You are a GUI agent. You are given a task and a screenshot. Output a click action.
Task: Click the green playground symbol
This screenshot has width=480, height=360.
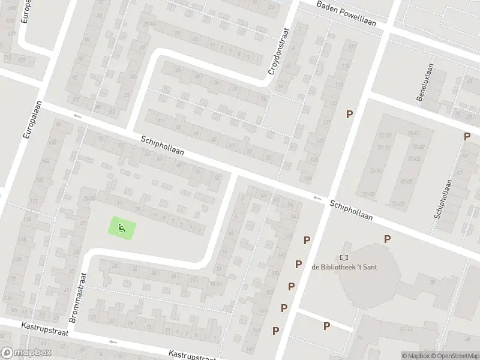click(x=121, y=228)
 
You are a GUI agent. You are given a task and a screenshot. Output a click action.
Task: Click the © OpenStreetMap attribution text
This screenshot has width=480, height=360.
click(x=454, y=356)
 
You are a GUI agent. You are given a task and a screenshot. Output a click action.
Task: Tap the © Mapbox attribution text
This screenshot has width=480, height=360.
click(x=414, y=356)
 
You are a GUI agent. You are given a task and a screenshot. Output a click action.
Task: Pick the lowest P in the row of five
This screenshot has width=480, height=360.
click(x=276, y=330)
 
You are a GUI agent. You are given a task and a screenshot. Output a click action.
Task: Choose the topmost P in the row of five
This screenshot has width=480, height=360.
click(x=307, y=240)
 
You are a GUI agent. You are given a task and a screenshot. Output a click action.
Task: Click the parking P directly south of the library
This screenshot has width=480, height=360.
click(x=326, y=326)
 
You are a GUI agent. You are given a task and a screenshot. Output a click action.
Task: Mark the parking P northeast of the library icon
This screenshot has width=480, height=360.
click(x=388, y=239)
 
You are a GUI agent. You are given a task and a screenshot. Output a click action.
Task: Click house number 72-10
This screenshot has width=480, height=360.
click(x=376, y=171)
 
